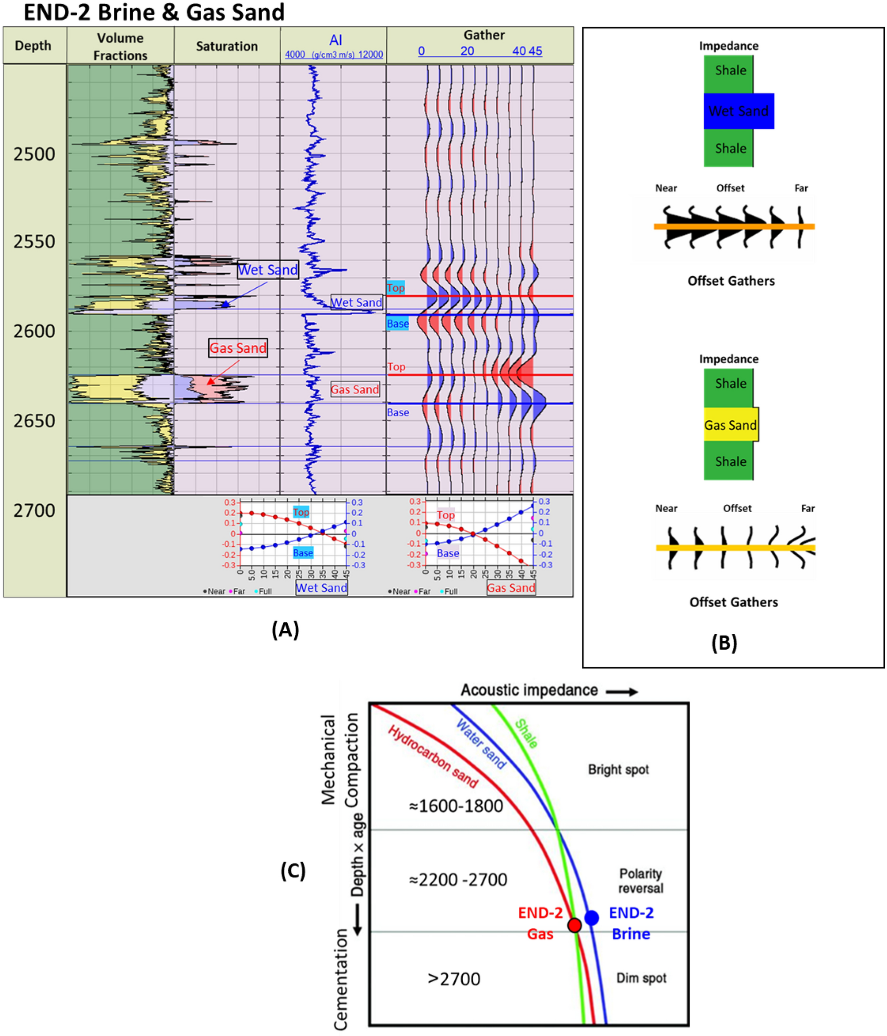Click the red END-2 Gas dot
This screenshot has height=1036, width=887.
[575, 925]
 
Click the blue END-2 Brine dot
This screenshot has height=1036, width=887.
[591, 918]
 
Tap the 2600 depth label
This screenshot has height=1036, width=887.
[34, 331]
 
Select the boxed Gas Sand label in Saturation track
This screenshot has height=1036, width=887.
[238, 348]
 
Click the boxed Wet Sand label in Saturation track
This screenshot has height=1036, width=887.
[267, 270]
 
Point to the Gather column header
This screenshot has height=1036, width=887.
[483, 35]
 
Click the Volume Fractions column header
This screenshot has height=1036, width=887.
[120, 46]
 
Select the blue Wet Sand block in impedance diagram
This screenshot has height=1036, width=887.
[739, 111]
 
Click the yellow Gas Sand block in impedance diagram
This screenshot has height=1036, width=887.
[731, 425]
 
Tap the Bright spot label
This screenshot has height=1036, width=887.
[618, 769]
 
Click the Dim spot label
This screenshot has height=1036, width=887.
[641, 978]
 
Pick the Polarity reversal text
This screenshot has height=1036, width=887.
[640, 881]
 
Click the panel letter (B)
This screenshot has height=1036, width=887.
[724, 643]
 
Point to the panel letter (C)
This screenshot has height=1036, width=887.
[293, 871]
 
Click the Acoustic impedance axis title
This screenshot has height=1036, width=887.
[529, 690]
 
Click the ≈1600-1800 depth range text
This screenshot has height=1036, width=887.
[456, 807]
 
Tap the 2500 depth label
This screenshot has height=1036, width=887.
[34, 154]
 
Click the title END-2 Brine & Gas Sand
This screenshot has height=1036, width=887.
[154, 12]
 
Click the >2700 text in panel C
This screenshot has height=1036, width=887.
[453, 979]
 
